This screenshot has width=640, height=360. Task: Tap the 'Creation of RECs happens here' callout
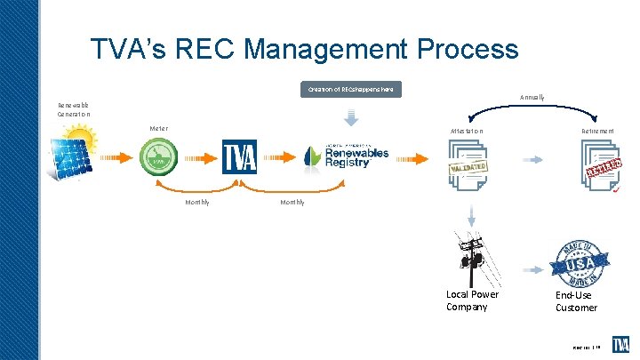click(x=350, y=90)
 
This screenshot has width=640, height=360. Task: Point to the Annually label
click(x=532, y=97)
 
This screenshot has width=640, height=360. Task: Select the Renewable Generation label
click(x=74, y=109)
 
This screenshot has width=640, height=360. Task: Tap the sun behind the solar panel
click(x=83, y=140)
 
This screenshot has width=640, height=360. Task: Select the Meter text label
click(x=158, y=129)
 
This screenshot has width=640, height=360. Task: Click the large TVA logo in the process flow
click(x=239, y=158)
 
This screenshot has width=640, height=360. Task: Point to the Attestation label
click(x=467, y=132)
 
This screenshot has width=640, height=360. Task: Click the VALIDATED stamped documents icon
click(x=468, y=168)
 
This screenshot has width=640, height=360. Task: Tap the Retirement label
click(x=596, y=132)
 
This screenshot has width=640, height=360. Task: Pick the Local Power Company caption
click(x=472, y=300)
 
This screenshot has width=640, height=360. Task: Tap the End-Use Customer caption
click(x=576, y=300)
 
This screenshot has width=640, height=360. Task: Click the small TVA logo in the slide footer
click(x=621, y=344)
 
